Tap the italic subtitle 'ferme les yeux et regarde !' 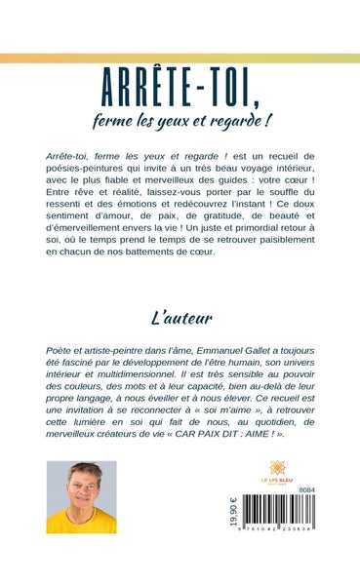coord(180,122)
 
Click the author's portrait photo coord(81,497)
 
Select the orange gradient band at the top coord(180,58)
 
